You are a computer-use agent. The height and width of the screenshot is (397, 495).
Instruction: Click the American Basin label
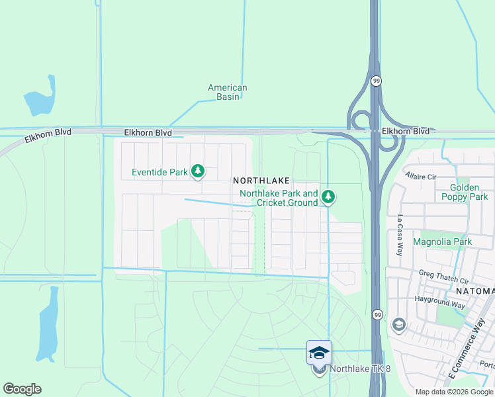pyautogui.click(x=227, y=92)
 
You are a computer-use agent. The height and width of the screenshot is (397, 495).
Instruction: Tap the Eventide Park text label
pyautogui.click(x=159, y=173)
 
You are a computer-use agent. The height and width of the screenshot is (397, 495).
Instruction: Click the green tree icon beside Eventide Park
pyautogui.click(x=197, y=172)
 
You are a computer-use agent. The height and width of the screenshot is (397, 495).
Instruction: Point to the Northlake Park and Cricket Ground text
pyautogui.click(x=279, y=198)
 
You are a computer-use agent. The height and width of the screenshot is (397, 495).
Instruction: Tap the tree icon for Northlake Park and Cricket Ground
pyautogui.click(x=328, y=197)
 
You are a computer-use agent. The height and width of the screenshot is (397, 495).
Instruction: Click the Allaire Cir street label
pyautogui.click(x=422, y=177)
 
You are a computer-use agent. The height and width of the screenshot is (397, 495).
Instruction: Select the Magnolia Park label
pyautogui.click(x=442, y=242)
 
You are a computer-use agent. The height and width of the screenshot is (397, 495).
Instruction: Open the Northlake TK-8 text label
pyautogui.click(x=360, y=369)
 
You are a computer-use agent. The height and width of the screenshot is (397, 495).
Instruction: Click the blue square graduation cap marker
pyautogui.click(x=319, y=352)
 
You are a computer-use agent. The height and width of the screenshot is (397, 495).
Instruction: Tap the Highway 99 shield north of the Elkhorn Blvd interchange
pyautogui.click(x=377, y=81)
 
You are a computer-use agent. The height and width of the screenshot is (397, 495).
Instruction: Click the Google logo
pyautogui.click(x=22, y=389)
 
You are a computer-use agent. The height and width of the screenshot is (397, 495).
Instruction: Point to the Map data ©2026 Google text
pyautogui.click(x=454, y=392)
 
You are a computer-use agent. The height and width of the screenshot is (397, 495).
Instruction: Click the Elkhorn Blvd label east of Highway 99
pyautogui.click(x=405, y=132)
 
